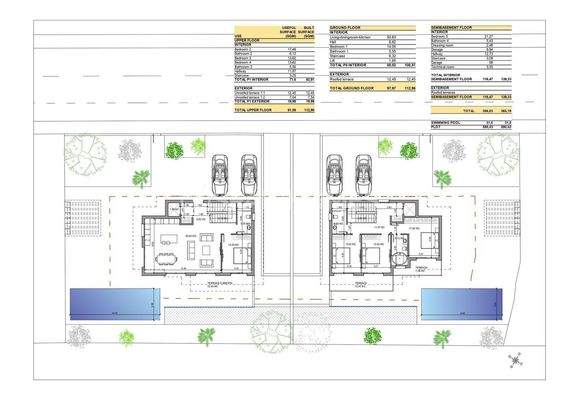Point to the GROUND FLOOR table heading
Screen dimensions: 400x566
(346, 28)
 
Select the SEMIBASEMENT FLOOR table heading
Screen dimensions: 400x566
(456, 28)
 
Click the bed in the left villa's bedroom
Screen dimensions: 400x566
(237, 259)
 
